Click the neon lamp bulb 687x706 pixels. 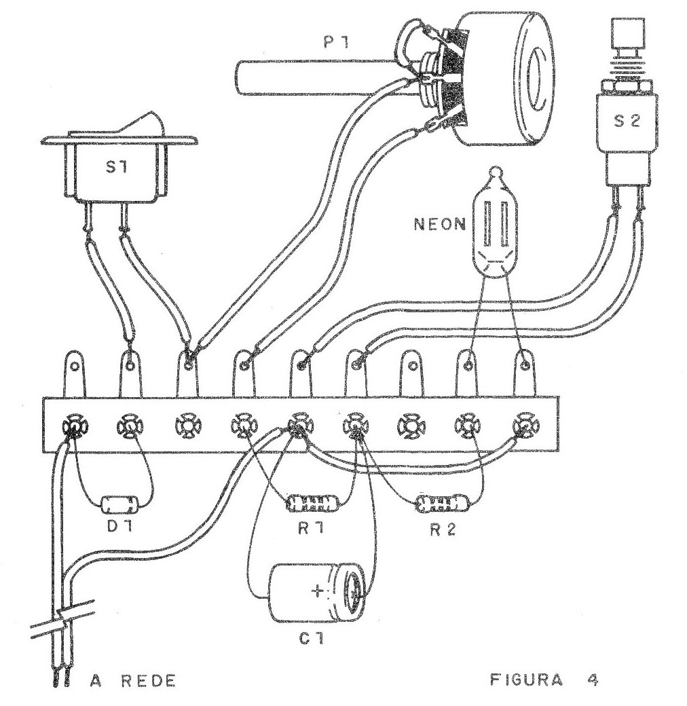(x=494, y=227)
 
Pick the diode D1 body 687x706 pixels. (x=119, y=504)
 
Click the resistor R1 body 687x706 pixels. (x=312, y=504)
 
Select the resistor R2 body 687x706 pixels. (x=441, y=504)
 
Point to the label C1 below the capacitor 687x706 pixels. (x=312, y=639)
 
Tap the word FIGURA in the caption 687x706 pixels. (x=525, y=680)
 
